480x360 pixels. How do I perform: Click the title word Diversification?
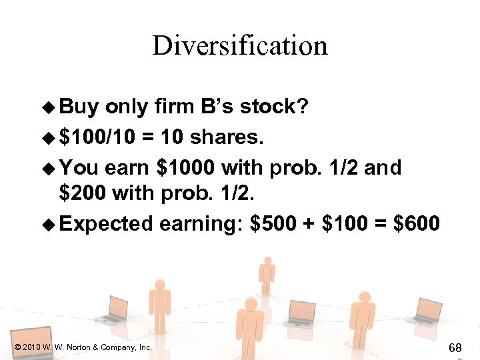(240, 46)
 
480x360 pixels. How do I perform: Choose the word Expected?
(107, 223)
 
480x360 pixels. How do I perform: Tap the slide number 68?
(455, 347)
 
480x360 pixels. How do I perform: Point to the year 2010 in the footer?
(30, 347)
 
